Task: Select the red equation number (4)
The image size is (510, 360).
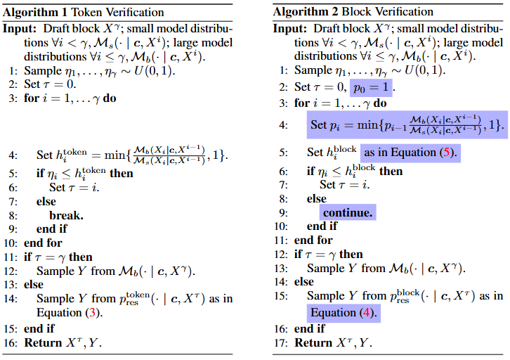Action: pos(366,312)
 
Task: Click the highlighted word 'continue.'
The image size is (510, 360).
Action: pos(348,211)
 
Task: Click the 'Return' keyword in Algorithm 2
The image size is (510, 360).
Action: pos(315,343)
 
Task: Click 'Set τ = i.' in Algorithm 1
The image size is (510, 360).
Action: pos(70,186)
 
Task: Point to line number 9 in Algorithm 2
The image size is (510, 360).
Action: pos(285,212)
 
